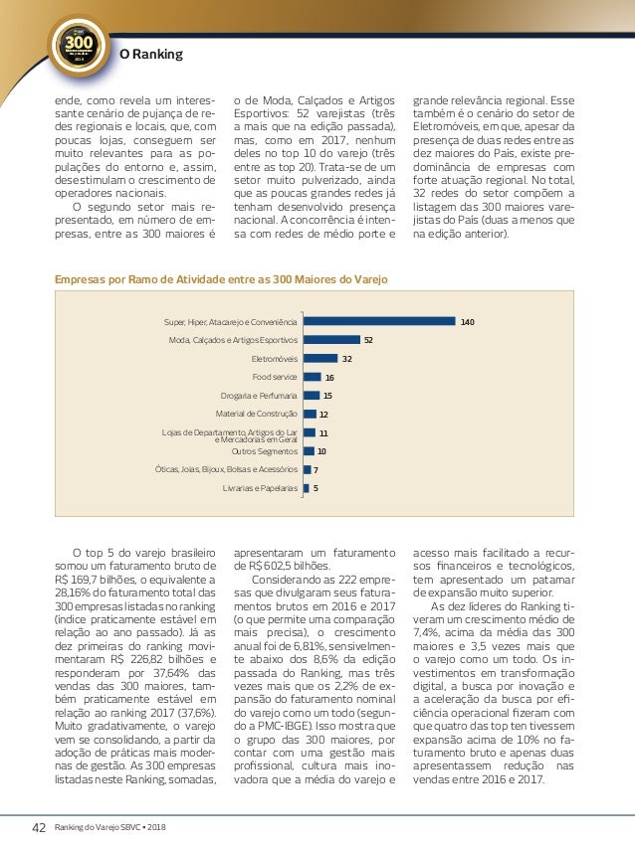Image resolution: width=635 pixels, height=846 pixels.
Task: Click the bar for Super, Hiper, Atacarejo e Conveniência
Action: tap(379, 321)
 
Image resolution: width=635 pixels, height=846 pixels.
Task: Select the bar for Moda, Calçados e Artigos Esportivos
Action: tap(331, 340)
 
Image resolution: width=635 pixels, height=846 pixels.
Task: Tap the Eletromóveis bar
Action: tap(320, 358)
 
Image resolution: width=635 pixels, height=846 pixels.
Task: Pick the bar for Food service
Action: tap(312, 377)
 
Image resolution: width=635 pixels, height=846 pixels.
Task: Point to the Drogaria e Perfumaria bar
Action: tap(312, 396)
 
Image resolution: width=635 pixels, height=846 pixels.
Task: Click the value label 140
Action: tap(467, 321)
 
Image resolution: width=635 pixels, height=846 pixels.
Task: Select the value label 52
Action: tap(368, 340)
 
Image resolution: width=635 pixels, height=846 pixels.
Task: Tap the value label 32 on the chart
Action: tap(347, 358)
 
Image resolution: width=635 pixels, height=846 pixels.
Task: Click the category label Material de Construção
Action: tap(257, 414)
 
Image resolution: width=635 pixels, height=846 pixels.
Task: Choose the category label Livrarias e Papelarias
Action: tap(260, 488)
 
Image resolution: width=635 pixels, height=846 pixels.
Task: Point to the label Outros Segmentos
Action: tap(264, 451)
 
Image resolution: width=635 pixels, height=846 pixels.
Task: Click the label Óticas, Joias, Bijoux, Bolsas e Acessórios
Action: tap(227, 469)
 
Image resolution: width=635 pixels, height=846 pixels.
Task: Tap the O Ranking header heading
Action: tap(151, 54)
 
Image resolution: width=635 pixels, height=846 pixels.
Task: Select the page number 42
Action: tap(40, 827)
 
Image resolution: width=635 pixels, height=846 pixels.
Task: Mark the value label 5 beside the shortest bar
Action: tap(317, 488)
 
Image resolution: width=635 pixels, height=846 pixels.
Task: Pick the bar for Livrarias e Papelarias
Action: tap(307, 488)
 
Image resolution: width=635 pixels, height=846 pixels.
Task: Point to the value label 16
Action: tap(329, 377)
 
